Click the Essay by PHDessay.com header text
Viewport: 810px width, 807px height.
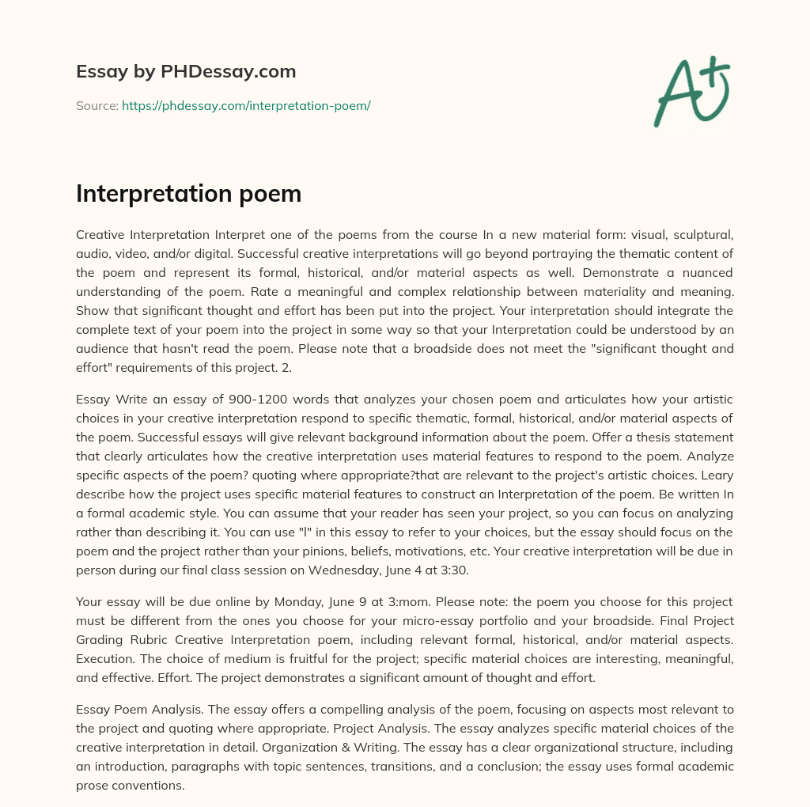click(x=186, y=72)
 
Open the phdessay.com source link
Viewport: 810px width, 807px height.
click(x=246, y=105)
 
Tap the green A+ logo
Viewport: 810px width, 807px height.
click(x=691, y=92)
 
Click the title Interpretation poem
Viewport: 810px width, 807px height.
click(x=188, y=194)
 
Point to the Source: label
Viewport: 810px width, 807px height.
click(x=97, y=105)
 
